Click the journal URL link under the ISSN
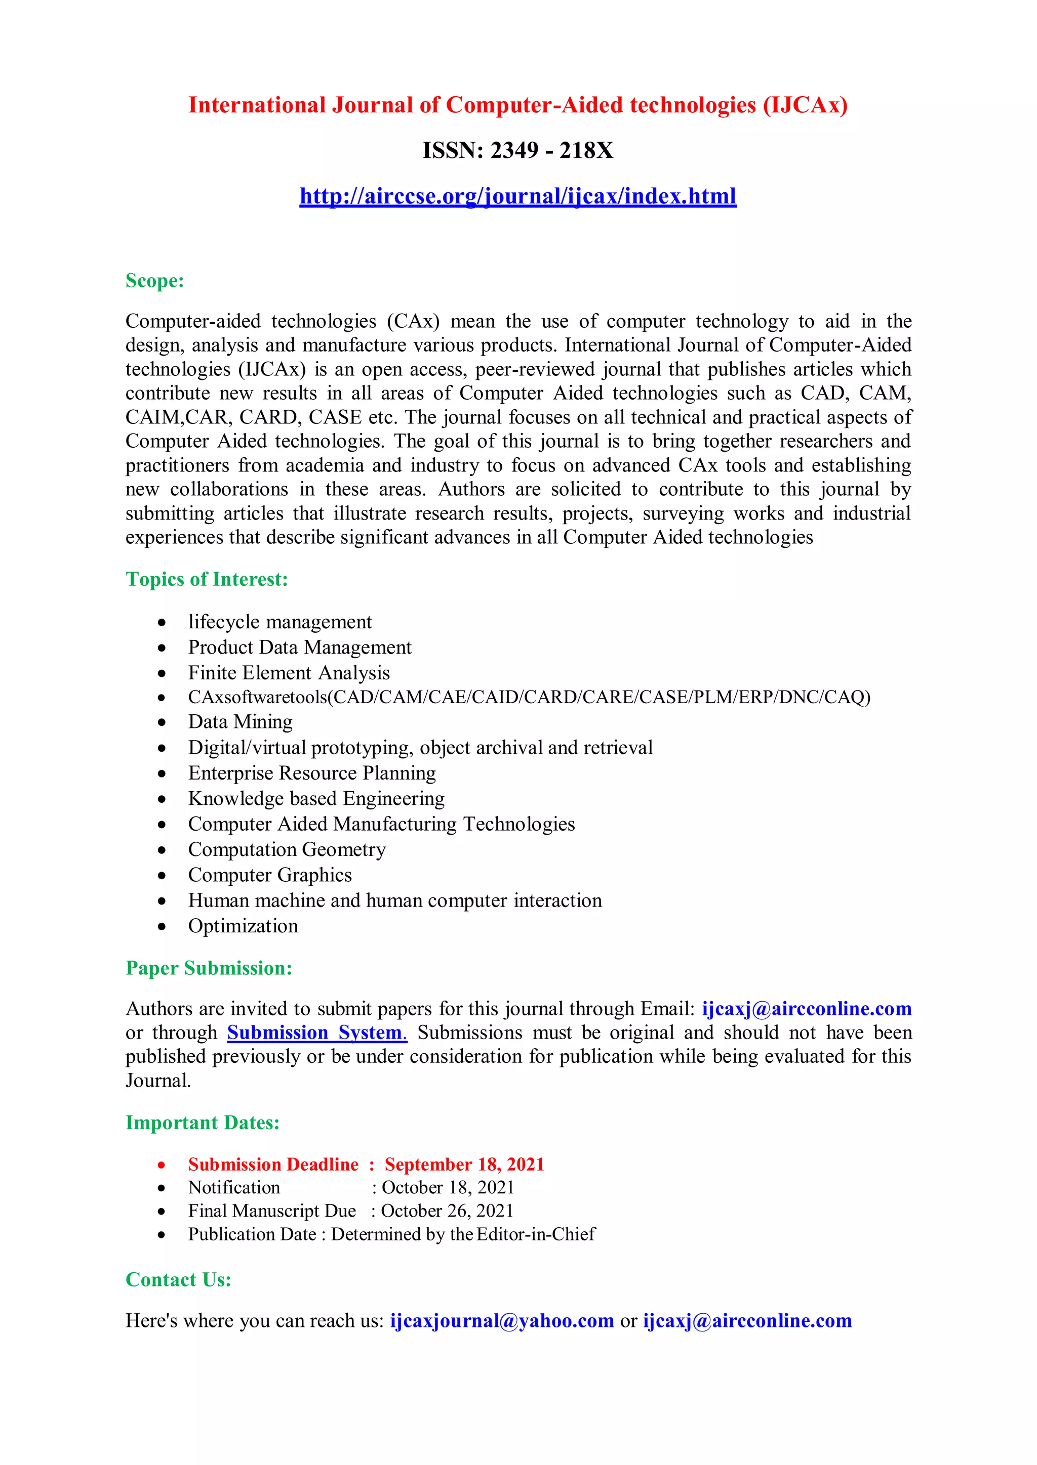click(518, 196)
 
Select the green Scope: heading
click(154, 281)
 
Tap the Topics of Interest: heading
click(206, 579)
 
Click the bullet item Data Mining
click(240, 722)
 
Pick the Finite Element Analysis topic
click(289, 672)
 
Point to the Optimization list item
click(243, 926)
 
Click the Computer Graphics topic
click(269, 875)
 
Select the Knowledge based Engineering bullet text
click(316, 798)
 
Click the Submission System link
click(316, 1032)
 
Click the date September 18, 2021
click(464, 1165)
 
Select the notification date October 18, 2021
click(448, 1187)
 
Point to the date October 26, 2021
click(447, 1211)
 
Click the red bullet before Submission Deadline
click(162, 1165)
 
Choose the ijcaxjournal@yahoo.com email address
click(502, 1321)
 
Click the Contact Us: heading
click(178, 1279)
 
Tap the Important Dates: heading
click(203, 1123)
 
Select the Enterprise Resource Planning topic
click(311, 772)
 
